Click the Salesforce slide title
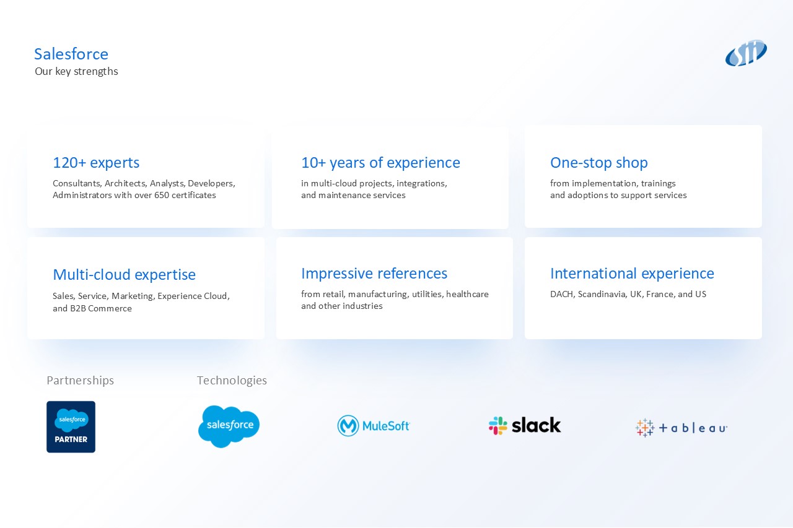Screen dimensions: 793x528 point(71,54)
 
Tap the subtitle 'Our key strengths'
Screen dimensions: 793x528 point(76,71)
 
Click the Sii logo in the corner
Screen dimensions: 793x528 point(746,53)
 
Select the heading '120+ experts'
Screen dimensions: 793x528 point(96,163)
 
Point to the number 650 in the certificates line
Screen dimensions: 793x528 point(162,195)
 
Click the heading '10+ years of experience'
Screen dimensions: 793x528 point(380,163)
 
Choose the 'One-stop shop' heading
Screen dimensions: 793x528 point(599,163)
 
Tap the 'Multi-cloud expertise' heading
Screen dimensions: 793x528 point(125,275)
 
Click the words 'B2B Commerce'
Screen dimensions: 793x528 point(101,308)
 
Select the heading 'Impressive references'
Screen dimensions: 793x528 point(374,274)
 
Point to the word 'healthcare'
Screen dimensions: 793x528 point(467,294)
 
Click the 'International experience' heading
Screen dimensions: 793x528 point(633,274)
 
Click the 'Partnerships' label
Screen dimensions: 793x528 point(81,381)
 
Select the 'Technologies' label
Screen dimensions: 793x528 point(232,381)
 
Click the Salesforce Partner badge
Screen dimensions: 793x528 point(71,427)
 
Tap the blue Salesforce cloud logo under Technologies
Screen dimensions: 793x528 point(229,426)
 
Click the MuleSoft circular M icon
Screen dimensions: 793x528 point(348,426)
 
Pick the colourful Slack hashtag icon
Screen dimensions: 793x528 point(497,425)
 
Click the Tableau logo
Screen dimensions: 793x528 point(681,428)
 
